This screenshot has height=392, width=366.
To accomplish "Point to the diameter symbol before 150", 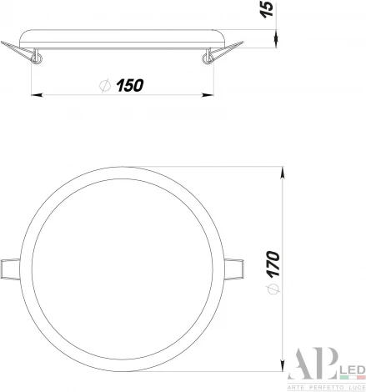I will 104,84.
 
